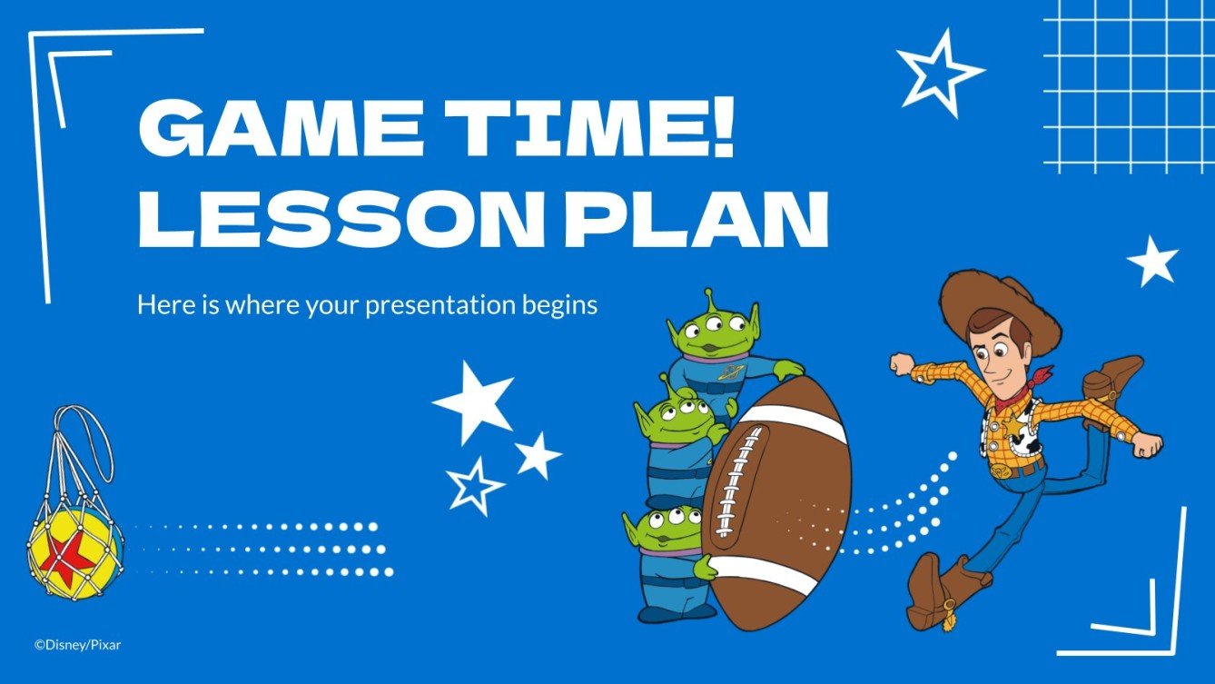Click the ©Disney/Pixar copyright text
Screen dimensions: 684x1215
click(x=77, y=645)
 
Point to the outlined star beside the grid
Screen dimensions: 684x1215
click(x=937, y=71)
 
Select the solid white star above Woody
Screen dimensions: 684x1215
click(x=1152, y=261)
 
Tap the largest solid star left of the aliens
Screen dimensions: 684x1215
click(x=474, y=401)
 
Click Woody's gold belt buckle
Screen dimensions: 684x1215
click(x=1001, y=471)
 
